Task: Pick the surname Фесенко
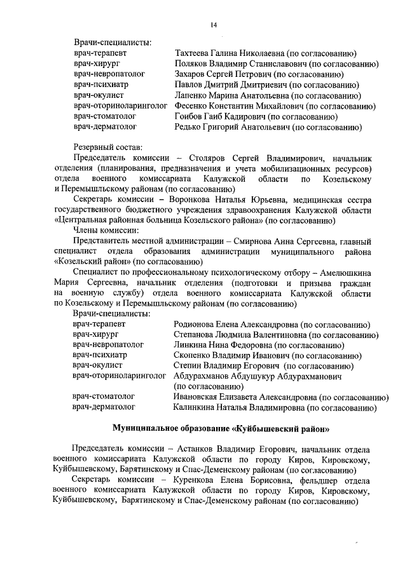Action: pyautogui.click(x=191, y=106)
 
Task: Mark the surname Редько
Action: pyautogui.click(x=190, y=127)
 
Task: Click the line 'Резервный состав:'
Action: pyautogui.click(x=107, y=147)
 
